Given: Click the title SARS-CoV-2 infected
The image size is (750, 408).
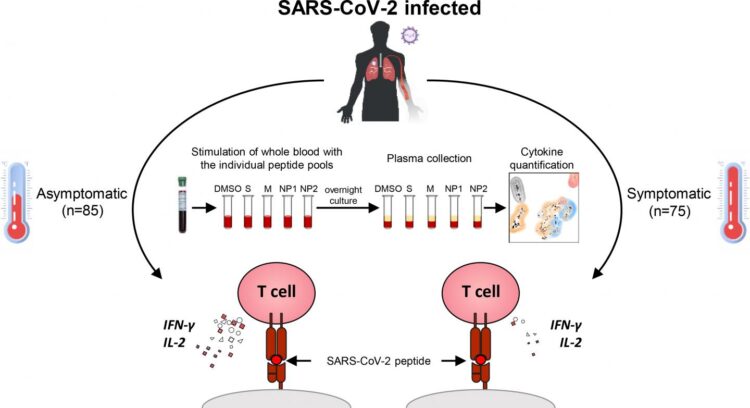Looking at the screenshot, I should coord(374,12).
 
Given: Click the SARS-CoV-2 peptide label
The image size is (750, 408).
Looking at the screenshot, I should coord(375,357).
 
